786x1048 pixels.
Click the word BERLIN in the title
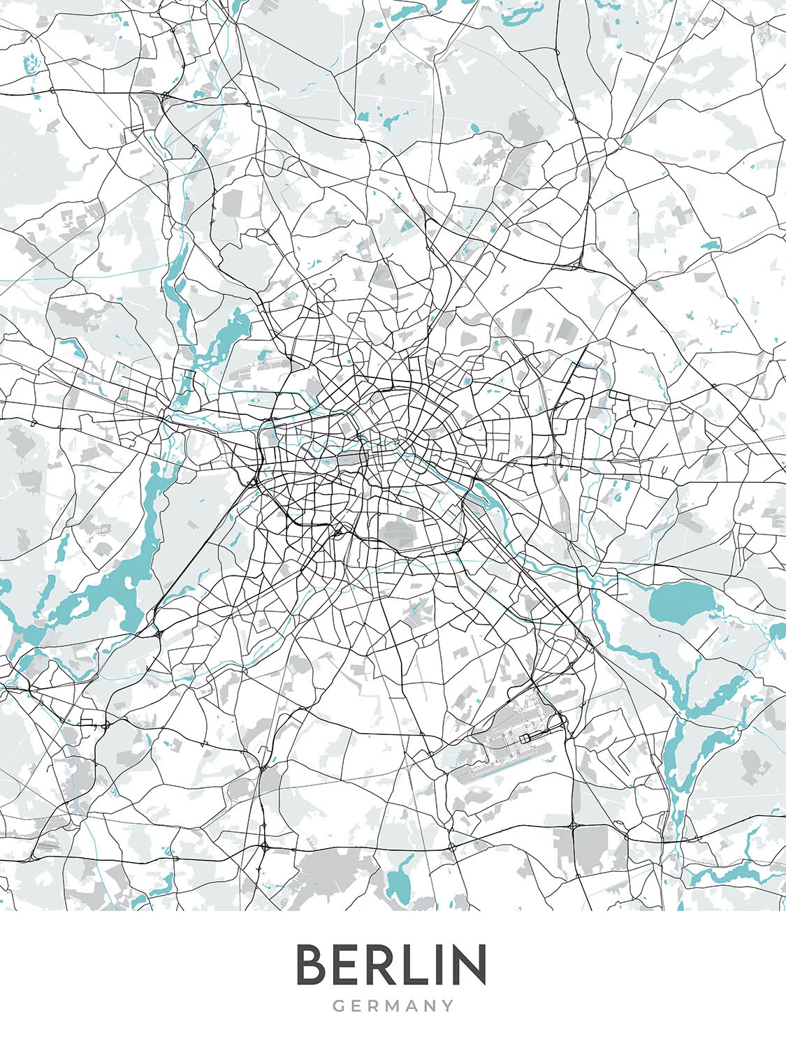pyautogui.click(x=391, y=965)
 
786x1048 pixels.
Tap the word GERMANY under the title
pyautogui.click(x=393, y=1006)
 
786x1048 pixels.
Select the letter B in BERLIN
pyautogui.click(x=312, y=965)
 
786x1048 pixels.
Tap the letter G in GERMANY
pyautogui.click(x=338, y=1006)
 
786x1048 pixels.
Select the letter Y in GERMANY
pyautogui.click(x=447, y=1006)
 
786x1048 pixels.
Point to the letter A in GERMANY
pyautogui.click(x=413, y=1006)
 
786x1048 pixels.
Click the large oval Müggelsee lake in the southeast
pyautogui.click(x=680, y=603)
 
